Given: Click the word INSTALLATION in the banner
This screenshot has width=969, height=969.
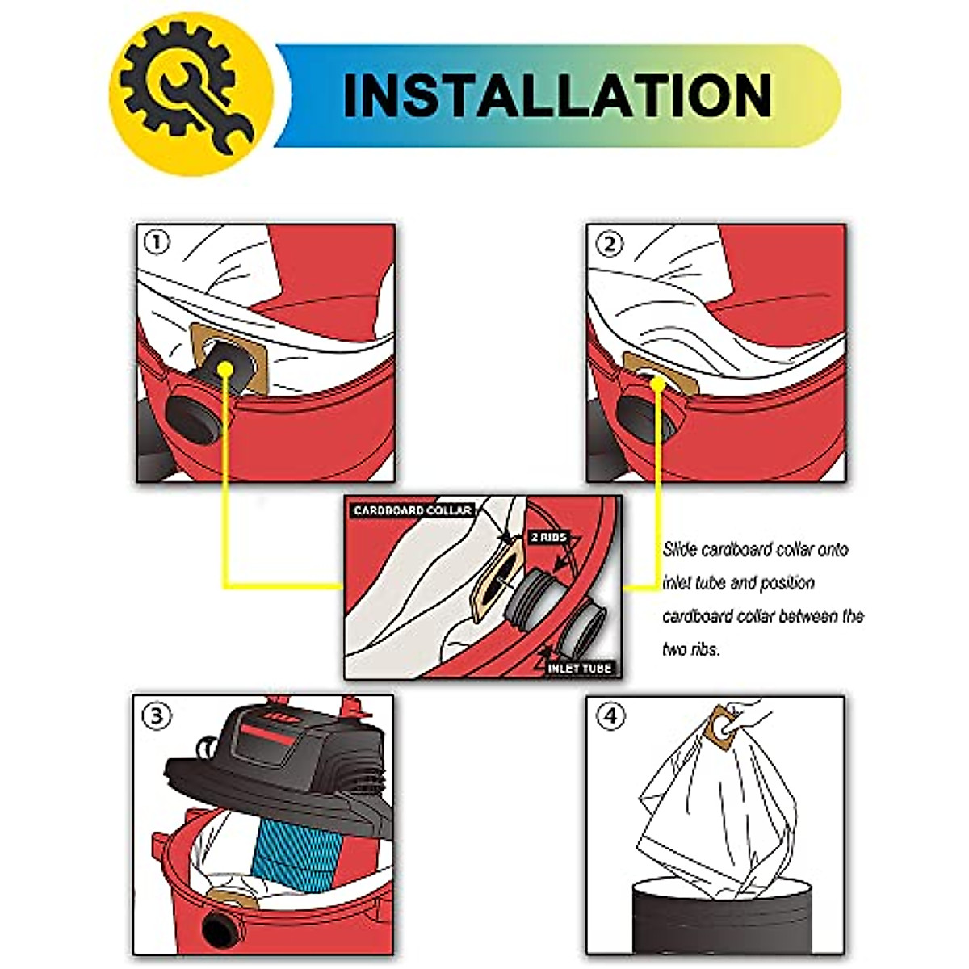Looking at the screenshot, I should [557, 95].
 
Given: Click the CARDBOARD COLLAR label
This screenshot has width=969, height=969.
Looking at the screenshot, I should [412, 510].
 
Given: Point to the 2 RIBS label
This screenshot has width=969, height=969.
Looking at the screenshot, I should [548, 537].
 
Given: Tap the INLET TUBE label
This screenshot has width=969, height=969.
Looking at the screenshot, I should [579, 668].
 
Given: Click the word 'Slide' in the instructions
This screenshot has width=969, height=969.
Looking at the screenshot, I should [680, 550].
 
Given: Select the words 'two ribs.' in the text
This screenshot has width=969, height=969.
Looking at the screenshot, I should [690, 649].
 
